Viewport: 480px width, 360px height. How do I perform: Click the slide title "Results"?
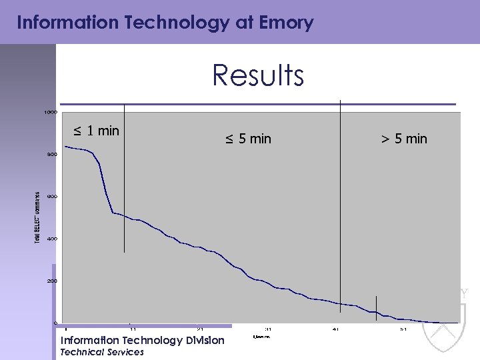click(x=258, y=75)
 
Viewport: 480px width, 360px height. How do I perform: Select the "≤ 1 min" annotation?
click(x=97, y=131)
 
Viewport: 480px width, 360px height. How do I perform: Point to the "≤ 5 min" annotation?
click(x=248, y=139)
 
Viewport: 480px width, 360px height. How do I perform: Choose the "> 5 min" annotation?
click(x=404, y=139)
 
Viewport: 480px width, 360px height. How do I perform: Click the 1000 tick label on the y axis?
click(x=51, y=112)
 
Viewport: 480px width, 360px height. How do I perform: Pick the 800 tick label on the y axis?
click(x=51, y=155)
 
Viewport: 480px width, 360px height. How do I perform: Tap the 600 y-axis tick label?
click(x=51, y=197)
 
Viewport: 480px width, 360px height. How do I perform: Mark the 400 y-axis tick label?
click(x=51, y=239)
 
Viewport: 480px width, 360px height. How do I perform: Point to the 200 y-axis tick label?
click(x=51, y=281)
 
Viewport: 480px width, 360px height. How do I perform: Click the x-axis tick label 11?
click(x=133, y=329)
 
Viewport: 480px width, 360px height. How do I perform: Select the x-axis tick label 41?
click(x=336, y=329)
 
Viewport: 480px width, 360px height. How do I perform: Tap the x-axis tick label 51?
click(x=404, y=329)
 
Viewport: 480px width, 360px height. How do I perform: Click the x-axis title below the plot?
click(x=261, y=337)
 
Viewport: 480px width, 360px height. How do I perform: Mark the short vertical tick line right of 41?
click(x=376, y=305)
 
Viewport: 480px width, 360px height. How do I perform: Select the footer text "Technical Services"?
click(x=102, y=352)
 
